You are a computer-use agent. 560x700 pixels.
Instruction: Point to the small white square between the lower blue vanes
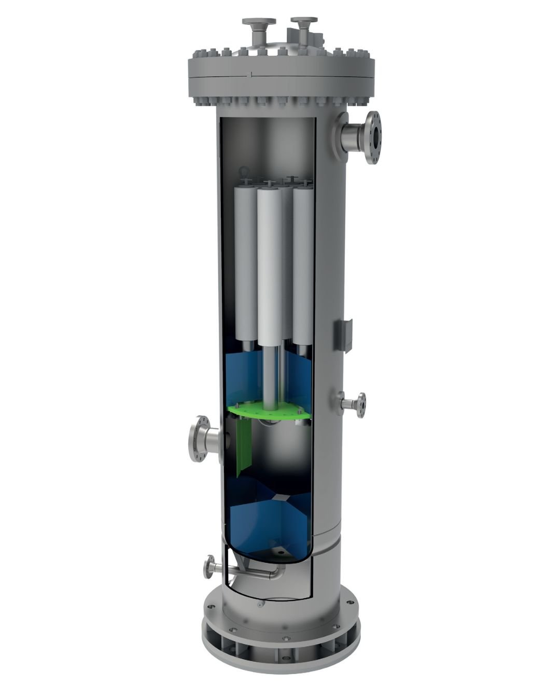pyautogui.click(x=280, y=497)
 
